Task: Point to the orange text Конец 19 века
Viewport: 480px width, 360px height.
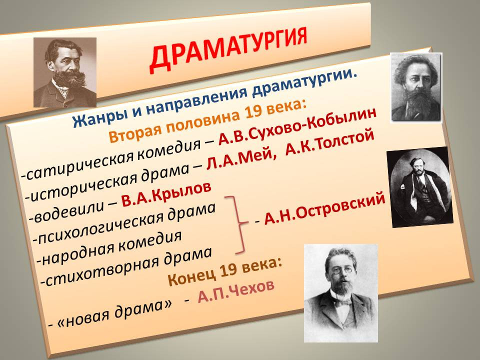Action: pyautogui.click(x=225, y=271)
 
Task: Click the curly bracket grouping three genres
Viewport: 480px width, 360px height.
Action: pyautogui.click(x=237, y=225)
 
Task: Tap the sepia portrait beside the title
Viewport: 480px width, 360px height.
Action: pyautogui.click(x=65, y=72)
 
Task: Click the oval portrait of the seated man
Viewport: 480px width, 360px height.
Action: pyautogui.click(x=419, y=187)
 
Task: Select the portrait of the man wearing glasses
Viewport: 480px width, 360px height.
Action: pyautogui.click(x=340, y=293)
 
